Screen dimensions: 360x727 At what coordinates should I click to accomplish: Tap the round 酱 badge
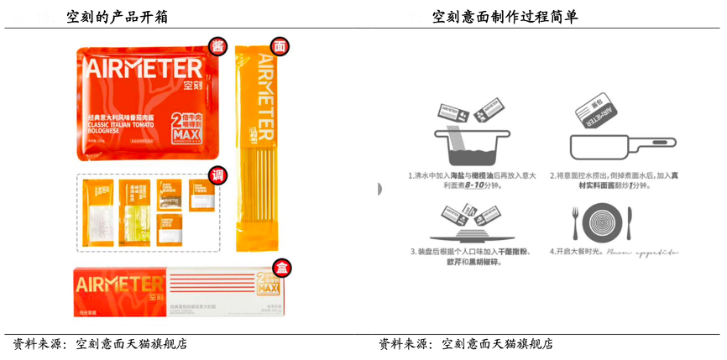tap(218, 45)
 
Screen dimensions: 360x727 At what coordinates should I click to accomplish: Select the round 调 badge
tap(218, 175)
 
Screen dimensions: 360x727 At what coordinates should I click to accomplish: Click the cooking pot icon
tap(467, 143)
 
